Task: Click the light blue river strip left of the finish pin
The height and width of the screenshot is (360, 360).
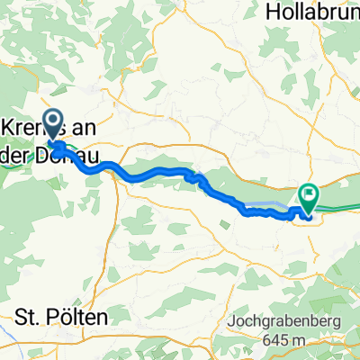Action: pyautogui.click(x=274, y=206)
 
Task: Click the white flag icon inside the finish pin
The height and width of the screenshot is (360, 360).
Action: pyautogui.click(x=309, y=192)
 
